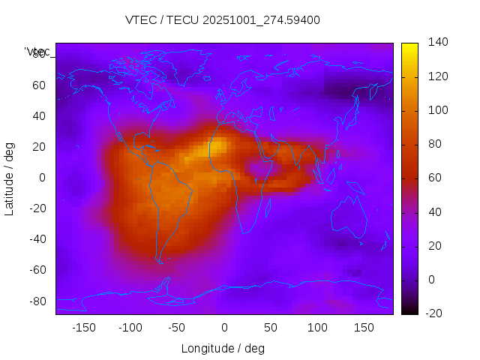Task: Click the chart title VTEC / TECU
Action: point(223,20)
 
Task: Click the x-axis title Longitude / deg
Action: point(223,349)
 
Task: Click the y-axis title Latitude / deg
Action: point(10,178)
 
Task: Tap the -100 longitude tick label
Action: point(130,328)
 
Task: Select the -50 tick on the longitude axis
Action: point(177,328)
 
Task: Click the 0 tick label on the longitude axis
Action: point(224,328)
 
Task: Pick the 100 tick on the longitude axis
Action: point(318,328)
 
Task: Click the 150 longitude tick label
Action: point(364,328)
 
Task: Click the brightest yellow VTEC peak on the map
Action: point(215,148)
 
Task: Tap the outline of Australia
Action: point(349,217)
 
